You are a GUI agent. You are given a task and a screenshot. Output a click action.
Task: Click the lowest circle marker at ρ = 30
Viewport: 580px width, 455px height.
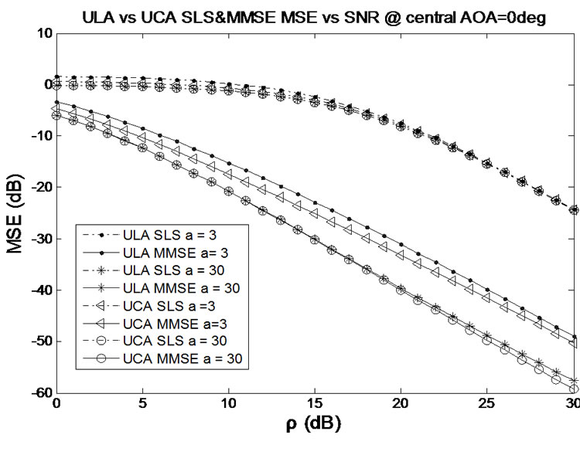(x=573, y=389)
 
